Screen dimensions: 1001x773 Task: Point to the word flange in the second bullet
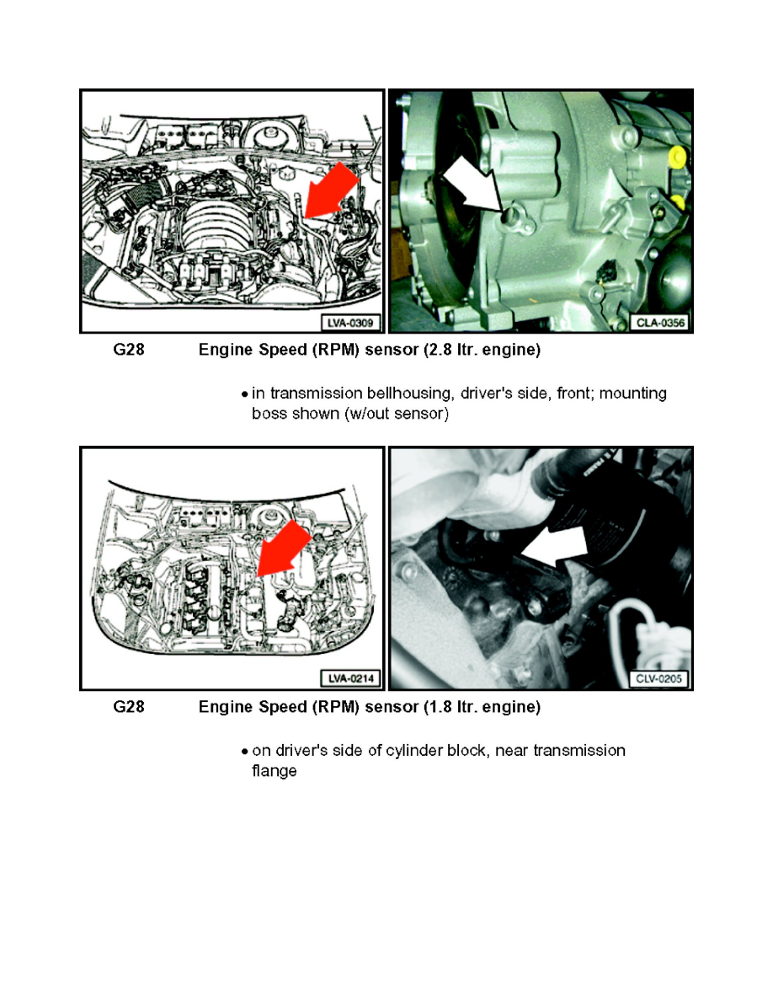275,771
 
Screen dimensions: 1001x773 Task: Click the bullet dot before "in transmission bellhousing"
244,394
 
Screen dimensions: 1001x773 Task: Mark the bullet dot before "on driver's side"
244,751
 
